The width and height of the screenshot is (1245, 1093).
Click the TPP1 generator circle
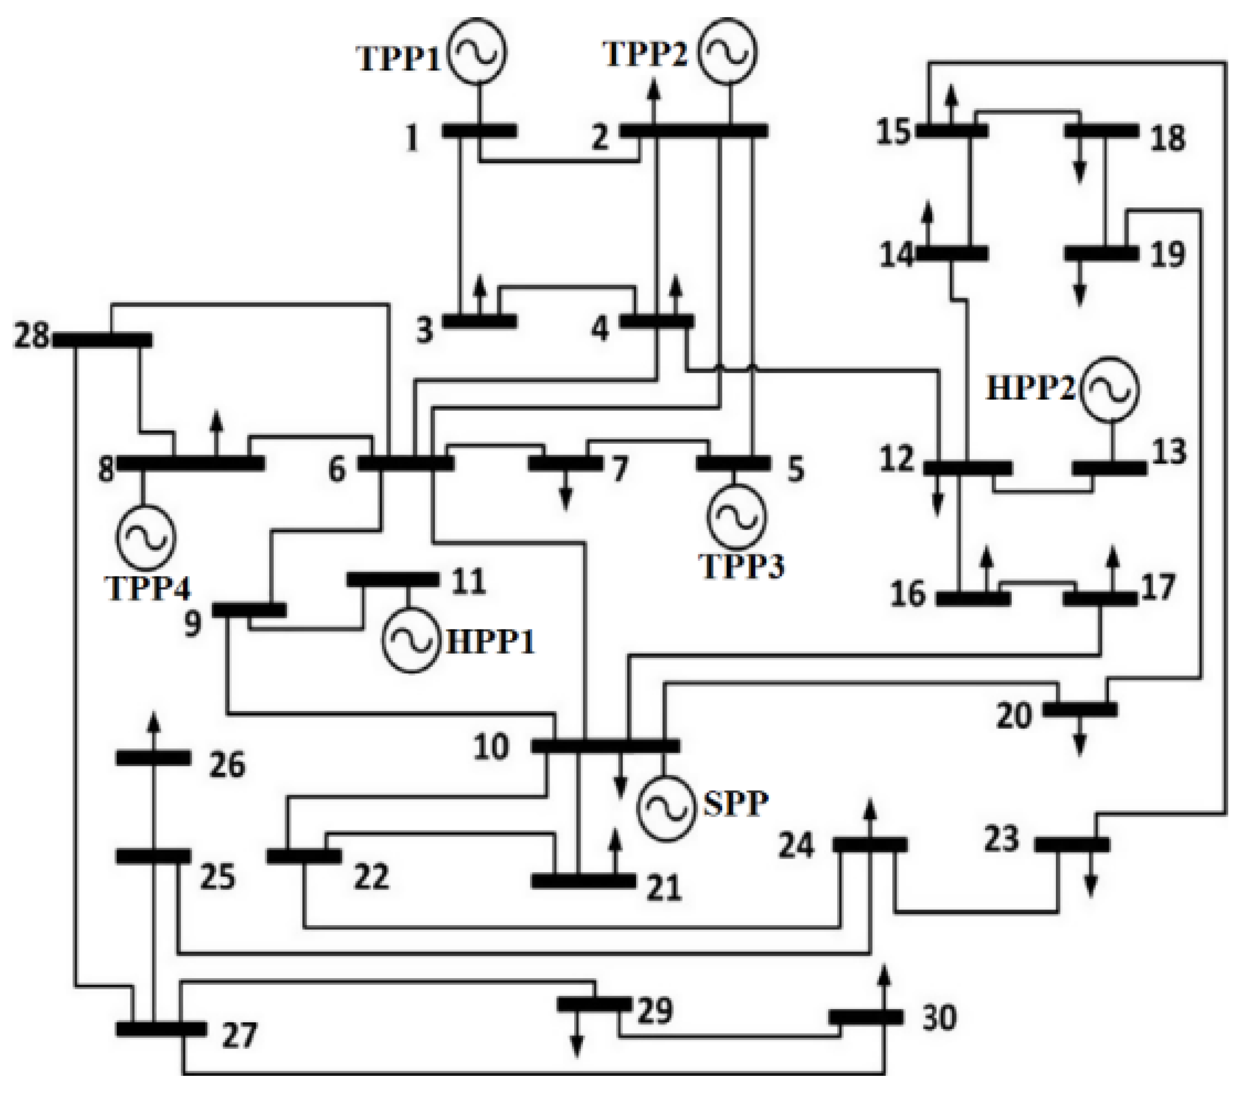click(x=477, y=53)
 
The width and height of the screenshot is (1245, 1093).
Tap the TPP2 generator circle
click(x=726, y=51)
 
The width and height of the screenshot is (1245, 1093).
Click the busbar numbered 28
click(x=102, y=339)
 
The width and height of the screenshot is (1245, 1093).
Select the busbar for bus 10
click(x=605, y=746)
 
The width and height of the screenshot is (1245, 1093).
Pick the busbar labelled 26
click(x=153, y=758)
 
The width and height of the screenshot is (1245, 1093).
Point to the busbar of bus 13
click(x=1108, y=468)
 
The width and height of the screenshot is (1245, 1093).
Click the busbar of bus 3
click(x=480, y=321)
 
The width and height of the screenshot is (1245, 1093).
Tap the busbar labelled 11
click(x=392, y=580)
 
